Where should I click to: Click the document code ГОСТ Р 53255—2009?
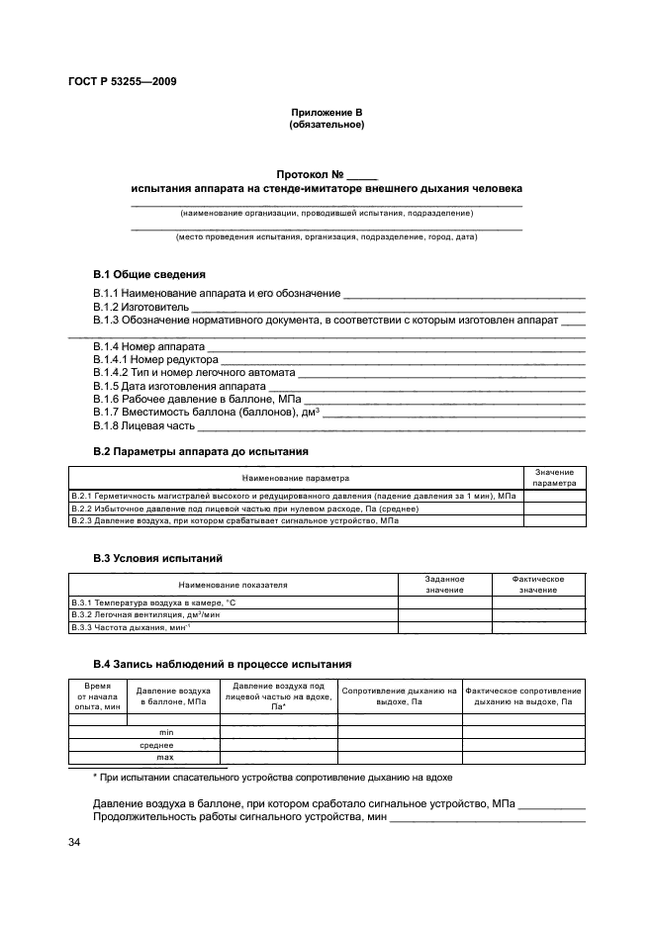pos(123,81)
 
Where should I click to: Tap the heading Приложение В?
pos(327,114)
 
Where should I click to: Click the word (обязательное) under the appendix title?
pos(327,126)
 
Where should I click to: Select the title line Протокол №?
pos(327,174)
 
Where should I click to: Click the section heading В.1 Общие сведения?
pos(149,274)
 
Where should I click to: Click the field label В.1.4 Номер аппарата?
pos(149,348)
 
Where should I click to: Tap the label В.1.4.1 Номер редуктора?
pos(153,361)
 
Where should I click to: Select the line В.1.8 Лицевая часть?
pos(144,425)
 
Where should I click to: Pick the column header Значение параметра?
pos(553,478)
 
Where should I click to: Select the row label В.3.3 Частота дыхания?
pos(131,627)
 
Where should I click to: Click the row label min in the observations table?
pos(166,732)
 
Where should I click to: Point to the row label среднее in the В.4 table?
pos(158,745)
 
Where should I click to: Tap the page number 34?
pos(74,842)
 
